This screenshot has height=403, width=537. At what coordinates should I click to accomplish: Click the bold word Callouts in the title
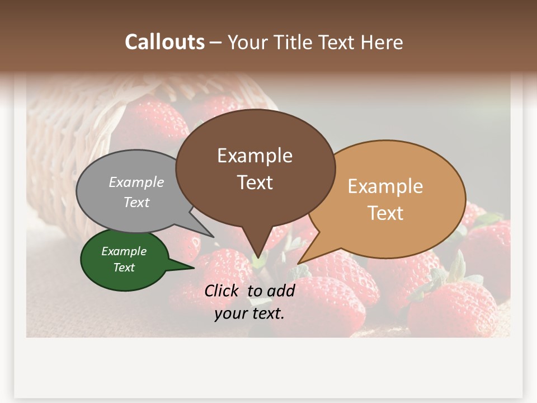(x=164, y=42)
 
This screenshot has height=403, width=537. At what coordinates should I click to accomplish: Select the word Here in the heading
(x=381, y=42)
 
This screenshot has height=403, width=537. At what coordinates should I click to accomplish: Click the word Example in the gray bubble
(x=136, y=182)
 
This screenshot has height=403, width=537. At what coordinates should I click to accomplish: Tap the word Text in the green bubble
(x=124, y=268)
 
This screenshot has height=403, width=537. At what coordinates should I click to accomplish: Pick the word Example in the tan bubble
(x=385, y=186)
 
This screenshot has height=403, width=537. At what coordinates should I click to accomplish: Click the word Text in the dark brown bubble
(x=255, y=182)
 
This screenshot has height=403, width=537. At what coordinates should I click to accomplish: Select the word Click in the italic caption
(x=223, y=290)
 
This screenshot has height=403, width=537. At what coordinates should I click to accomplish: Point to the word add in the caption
(x=280, y=290)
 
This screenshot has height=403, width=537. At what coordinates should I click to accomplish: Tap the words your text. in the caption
(x=249, y=313)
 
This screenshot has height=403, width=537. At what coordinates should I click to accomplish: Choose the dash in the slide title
(x=216, y=43)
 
